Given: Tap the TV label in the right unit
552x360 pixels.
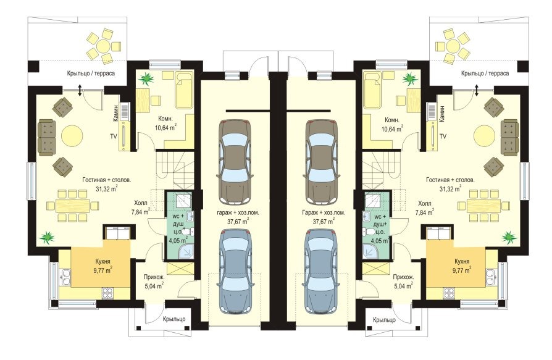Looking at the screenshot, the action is coord(443,136).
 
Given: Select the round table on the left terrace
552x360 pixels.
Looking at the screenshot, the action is coord(104,46).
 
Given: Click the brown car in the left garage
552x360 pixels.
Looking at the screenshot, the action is coord(235,162).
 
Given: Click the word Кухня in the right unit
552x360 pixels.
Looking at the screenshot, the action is coord(461,262).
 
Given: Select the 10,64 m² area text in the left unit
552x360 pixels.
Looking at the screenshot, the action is coord(165,128).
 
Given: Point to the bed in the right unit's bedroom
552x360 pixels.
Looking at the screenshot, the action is coord(373,90).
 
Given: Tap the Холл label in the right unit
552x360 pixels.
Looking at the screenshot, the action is coord(425,204).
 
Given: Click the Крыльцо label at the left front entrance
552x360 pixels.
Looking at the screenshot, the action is coord(174,319).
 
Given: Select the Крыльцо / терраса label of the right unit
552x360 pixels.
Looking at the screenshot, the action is coord(485,73).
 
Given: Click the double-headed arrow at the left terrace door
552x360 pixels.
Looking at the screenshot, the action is coord(80,90).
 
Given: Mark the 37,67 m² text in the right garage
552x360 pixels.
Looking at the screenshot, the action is coord(324,222).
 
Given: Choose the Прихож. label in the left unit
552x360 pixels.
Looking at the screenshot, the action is coord(154,277).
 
